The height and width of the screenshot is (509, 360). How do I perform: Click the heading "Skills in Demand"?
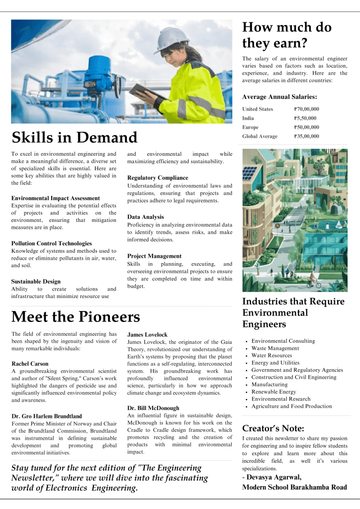[74, 137]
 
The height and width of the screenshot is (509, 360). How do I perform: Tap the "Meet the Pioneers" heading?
[76, 317]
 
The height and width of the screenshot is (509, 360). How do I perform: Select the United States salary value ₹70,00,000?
[306, 109]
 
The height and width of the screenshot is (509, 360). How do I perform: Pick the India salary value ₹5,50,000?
[305, 118]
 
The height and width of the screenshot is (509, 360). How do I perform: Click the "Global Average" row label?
[260, 136]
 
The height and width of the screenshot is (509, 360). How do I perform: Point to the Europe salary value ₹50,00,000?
[306, 127]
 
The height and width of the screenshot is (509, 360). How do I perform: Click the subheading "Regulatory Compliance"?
[158, 178]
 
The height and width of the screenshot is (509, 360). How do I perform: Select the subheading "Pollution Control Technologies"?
[51, 243]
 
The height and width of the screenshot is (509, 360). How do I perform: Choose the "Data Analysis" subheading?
[146, 217]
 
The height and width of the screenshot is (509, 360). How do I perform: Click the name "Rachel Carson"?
[30, 364]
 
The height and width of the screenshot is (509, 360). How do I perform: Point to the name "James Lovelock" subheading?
[147, 335]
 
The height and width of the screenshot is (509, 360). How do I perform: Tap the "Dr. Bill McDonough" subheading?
[153, 408]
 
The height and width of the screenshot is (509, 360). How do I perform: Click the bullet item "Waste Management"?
[275, 348]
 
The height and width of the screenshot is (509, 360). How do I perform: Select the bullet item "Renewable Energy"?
[273, 392]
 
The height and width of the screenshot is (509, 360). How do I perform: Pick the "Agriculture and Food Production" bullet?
[291, 406]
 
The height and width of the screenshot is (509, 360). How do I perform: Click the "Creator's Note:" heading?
[273, 428]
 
